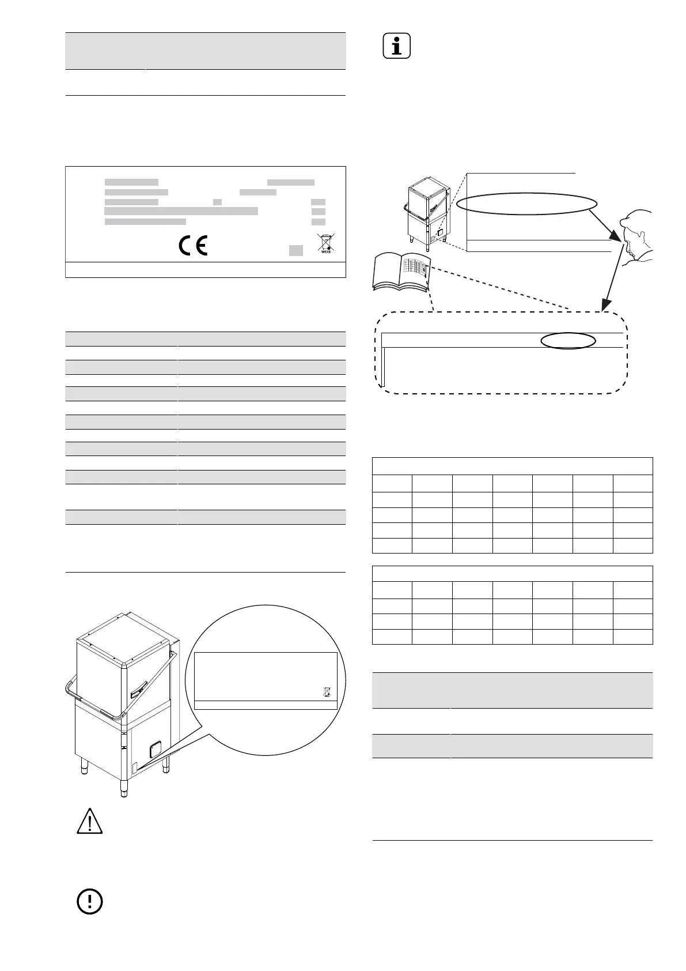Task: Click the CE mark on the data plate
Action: [x=192, y=246]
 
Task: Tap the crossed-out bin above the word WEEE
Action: [x=326, y=242]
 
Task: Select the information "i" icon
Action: [x=397, y=46]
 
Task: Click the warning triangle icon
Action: [x=90, y=821]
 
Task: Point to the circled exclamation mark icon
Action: [x=90, y=901]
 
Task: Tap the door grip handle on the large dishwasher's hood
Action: [x=138, y=688]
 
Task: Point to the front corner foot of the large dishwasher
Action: [x=123, y=788]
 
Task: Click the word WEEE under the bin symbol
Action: [x=326, y=252]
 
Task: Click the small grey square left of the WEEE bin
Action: [x=295, y=250]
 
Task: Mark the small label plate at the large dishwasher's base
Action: [x=136, y=768]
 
